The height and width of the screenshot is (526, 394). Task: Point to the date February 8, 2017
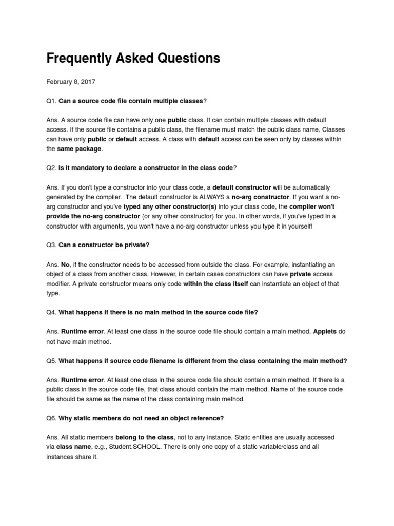(x=71, y=82)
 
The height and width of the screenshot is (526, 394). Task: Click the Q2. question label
(x=52, y=168)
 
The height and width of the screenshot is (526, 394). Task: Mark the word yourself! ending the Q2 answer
(x=295, y=226)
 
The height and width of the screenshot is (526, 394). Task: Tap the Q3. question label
(x=52, y=245)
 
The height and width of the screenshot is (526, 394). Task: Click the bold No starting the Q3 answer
(x=65, y=264)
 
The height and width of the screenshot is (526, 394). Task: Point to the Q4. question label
(x=52, y=312)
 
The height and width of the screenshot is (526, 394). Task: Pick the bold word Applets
(x=325, y=332)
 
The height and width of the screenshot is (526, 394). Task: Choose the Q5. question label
(x=52, y=361)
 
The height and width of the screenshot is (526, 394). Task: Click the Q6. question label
(x=52, y=418)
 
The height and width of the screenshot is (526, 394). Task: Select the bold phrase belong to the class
(x=145, y=437)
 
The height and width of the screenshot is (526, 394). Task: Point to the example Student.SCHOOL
(x=132, y=447)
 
